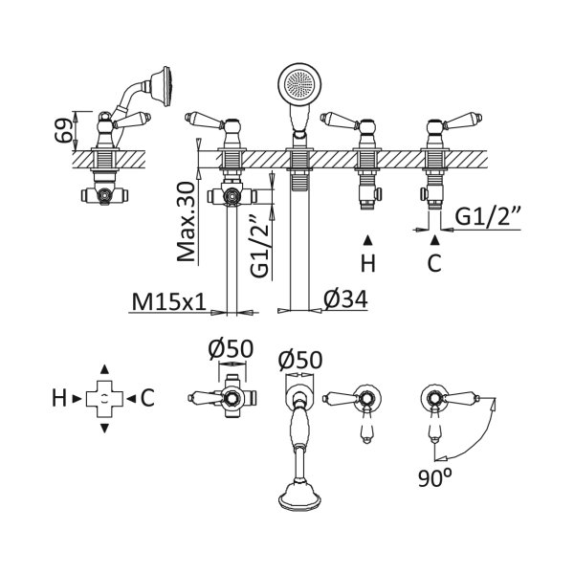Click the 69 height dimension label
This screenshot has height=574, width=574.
coord(62,130)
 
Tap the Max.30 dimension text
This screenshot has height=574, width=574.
coord(186,222)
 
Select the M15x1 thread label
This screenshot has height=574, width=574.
coord(169,302)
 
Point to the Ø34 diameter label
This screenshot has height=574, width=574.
coord(345,299)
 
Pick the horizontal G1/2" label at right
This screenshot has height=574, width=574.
coord(488,216)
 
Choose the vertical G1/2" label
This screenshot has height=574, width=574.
coord(260,246)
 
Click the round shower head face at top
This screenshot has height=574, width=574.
coord(299,84)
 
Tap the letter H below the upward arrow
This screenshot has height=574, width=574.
coord(368,263)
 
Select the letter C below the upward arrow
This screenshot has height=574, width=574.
coord(434,263)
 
